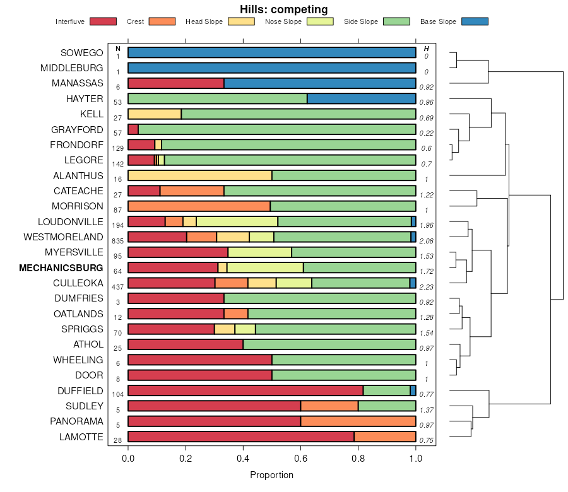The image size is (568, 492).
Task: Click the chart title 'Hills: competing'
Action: (x=284, y=9)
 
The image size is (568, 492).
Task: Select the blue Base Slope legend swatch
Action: (x=475, y=21)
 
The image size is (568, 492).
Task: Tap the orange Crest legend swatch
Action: (x=162, y=21)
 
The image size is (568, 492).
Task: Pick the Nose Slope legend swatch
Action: (x=320, y=21)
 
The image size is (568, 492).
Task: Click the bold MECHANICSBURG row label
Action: (x=61, y=267)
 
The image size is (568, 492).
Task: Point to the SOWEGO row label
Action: (x=81, y=52)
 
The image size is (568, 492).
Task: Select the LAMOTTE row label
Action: (x=82, y=436)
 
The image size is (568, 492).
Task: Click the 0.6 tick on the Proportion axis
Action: (x=301, y=459)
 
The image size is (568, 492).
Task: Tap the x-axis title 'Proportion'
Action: (x=272, y=475)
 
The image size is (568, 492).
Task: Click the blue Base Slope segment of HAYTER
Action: (x=361, y=98)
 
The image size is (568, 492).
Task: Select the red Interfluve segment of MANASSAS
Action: (x=175, y=83)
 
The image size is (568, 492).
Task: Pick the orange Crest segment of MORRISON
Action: (x=199, y=206)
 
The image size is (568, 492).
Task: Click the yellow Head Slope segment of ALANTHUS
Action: (x=199, y=175)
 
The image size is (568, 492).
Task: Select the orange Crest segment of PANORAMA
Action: (x=358, y=421)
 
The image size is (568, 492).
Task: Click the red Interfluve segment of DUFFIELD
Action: (x=246, y=390)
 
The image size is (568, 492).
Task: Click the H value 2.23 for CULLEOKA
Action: (x=426, y=287)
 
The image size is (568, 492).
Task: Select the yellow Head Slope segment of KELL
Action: (x=154, y=114)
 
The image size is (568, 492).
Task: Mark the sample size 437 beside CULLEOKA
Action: (x=117, y=287)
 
